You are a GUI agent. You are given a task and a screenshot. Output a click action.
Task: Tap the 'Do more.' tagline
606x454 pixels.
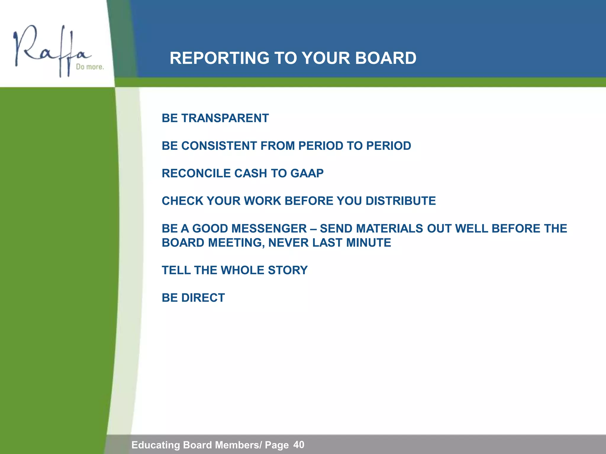pyautogui.click(x=90, y=67)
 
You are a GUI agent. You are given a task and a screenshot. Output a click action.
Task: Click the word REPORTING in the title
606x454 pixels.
pyautogui.click(x=219, y=58)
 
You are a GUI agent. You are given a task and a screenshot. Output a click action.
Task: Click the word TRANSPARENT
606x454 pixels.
pyautogui.click(x=225, y=118)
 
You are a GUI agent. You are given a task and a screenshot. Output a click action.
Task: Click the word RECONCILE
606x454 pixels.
pyautogui.click(x=196, y=173)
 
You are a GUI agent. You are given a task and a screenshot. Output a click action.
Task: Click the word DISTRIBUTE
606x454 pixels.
pyautogui.click(x=401, y=201)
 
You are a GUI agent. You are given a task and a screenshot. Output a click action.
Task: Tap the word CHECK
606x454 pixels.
pyautogui.click(x=182, y=201)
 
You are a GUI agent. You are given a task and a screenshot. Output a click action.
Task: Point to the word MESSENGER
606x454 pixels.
pyautogui.click(x=269, y=228)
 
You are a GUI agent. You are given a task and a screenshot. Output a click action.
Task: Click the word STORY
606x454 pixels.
pyautogui.click(x=288, y=270)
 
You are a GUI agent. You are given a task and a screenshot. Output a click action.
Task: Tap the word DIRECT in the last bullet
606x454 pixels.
pyautogui.click(x=203, y=298)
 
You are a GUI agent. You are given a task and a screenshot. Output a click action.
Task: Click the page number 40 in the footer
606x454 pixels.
pyautogui.click(x=299, y=445)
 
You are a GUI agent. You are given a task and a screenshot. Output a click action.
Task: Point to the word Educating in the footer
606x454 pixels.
pyautogui.click(x=155, y=445)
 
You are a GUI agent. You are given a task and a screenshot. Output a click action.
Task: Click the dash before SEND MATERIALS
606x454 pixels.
pyautogui.click(x=313, y=229)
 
